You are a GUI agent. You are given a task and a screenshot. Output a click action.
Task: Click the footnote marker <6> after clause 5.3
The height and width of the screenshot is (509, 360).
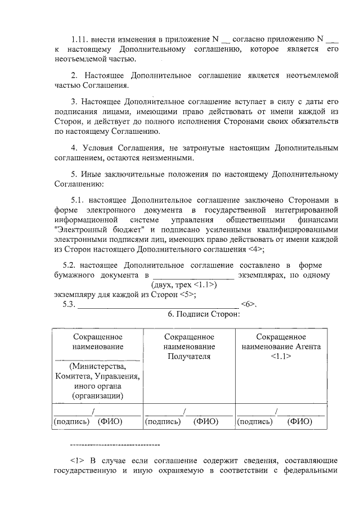click(x=248, y=304)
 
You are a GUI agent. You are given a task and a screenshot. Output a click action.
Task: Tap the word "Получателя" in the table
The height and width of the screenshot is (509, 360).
click(x=189, y=356)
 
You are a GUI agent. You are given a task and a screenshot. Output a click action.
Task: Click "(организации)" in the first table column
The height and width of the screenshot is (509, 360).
click(x=98, y=396)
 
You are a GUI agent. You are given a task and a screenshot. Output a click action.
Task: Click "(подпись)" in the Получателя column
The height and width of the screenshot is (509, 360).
click(x=163, y=421)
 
